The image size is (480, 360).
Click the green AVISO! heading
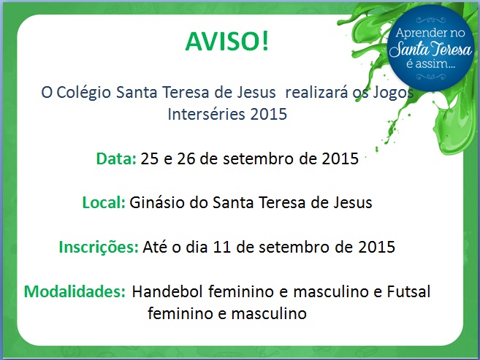point(226,42)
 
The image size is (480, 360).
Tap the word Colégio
point(83,93)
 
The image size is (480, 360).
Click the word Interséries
point(206,114)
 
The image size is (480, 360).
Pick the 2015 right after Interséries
point(268,115)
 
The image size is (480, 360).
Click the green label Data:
point(116,158)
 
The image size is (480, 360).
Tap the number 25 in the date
point(150,158)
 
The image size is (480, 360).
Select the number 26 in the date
point(186,158)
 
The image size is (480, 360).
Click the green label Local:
point(104,202)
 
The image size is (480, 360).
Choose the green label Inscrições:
point(99,248)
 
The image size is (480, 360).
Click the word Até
point(155,247)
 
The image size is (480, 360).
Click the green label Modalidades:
point(75,291)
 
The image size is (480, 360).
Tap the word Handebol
point(167,291)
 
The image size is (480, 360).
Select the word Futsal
point(408,291)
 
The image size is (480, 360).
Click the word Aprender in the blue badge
point(417,34)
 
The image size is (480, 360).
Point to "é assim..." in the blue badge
point(431,64)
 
